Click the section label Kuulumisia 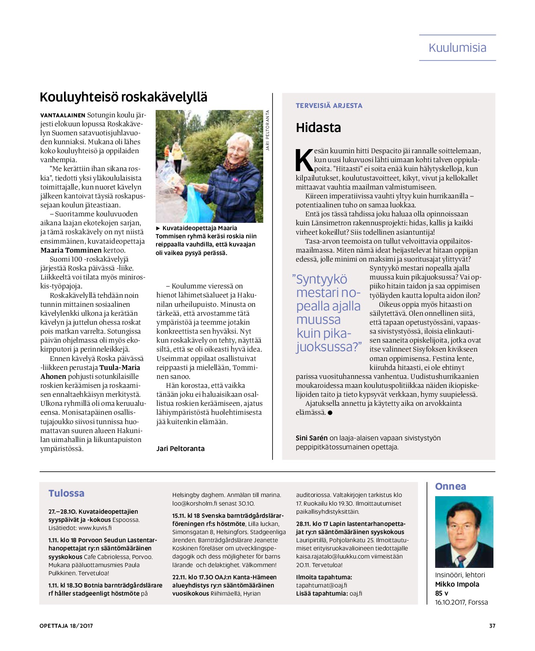[x=457, y=48]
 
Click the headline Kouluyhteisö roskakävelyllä [x=123, y=97]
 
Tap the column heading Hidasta [x=318, y=128]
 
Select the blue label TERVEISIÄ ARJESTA [x=329, y=106]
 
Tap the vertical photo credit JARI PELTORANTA [x=268, y=130]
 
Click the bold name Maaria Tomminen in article [x=71, y=250]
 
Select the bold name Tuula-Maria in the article [x=120, y=367]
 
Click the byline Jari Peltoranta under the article [x=181, y=449]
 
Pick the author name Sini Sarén [x=312, y=438]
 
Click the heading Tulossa [x=66, y=493]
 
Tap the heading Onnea [x=450, y=486]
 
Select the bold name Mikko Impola [x=457, y=584]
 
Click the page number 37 [x=492, y=626]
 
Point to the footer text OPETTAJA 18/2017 [x=66, y=626]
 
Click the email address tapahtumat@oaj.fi [x=321, y=585]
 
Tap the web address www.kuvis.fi [x=95, y=528]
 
